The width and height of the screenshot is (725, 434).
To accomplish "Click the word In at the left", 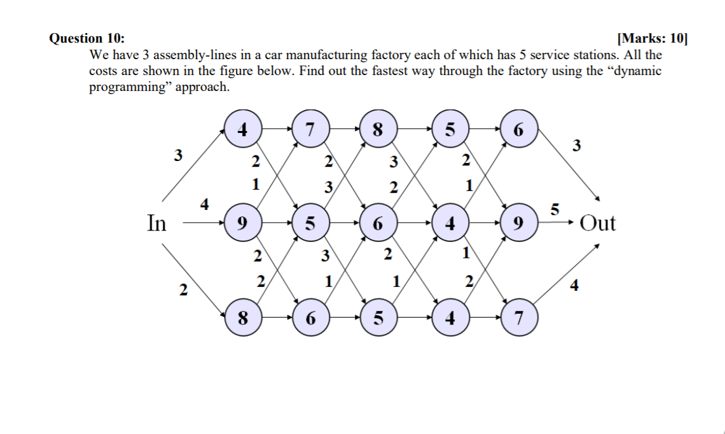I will tap(156, 223).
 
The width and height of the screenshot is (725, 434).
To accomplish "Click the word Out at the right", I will tap(598, 223).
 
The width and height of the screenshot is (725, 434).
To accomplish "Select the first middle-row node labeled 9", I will tap(242, 223).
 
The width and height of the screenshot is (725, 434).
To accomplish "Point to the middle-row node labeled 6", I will tap(378, 223).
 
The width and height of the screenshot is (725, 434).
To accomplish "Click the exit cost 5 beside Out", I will tap(555, 209).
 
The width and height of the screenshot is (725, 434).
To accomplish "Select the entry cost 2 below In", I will tap(183, 291).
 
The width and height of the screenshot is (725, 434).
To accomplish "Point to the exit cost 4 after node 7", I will tap(575, 286).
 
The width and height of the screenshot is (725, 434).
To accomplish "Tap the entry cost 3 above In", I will tap(179, 154).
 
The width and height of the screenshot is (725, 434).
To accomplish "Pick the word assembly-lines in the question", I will tap(179, 55).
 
